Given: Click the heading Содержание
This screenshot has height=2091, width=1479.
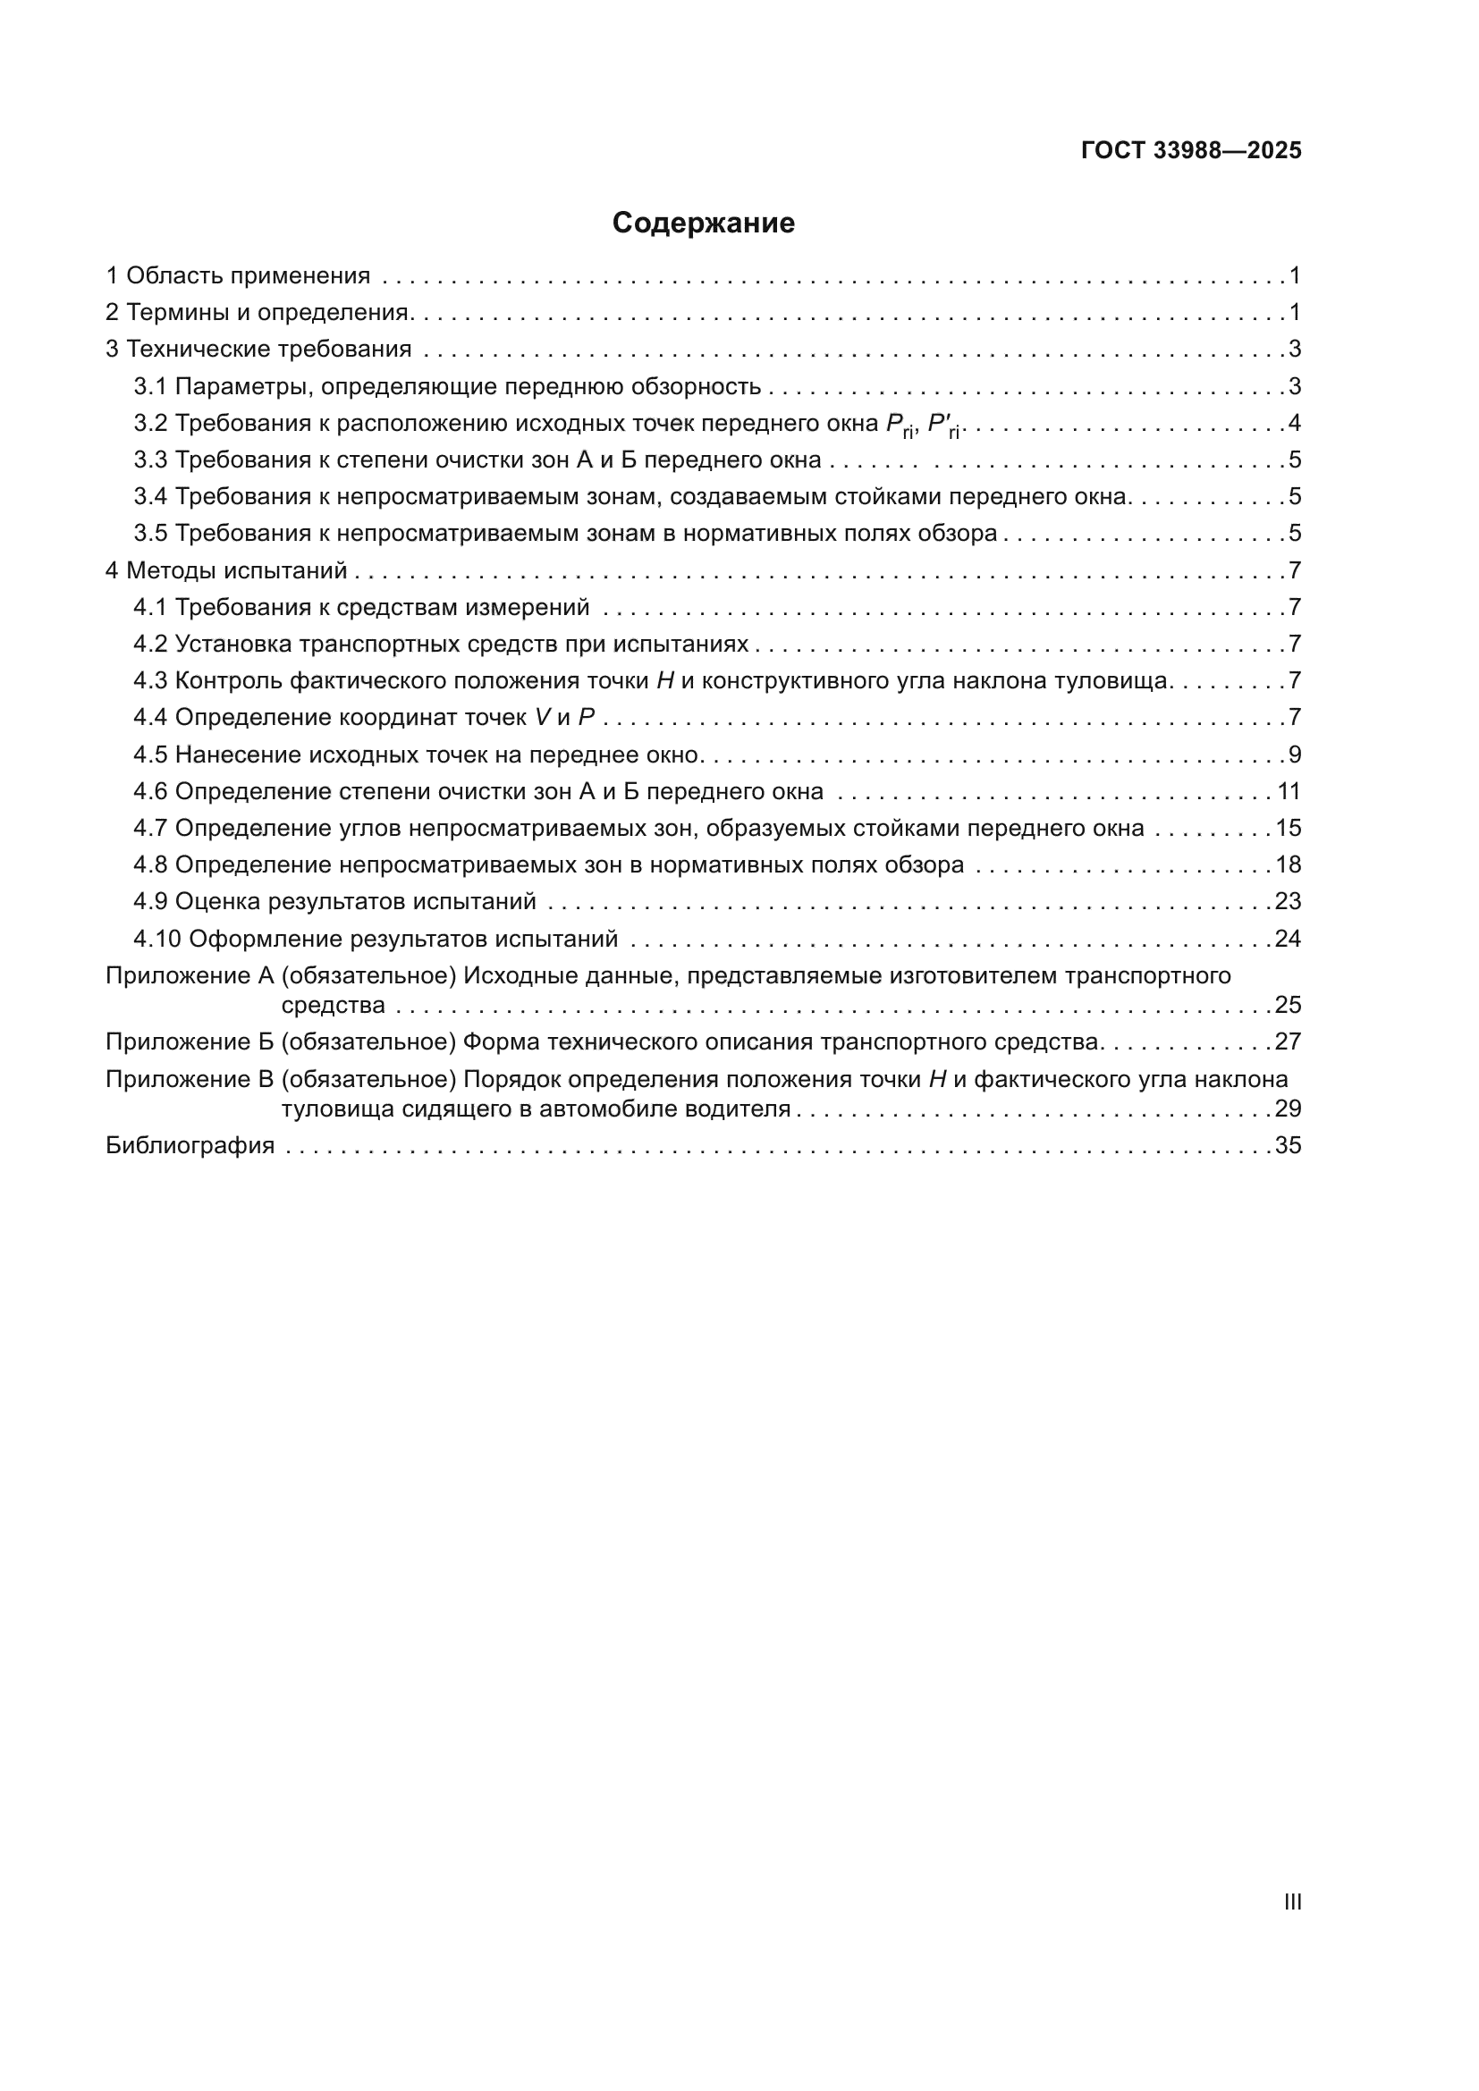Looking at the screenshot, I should (703, 223).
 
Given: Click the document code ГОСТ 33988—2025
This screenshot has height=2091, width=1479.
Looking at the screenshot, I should (1191, 151).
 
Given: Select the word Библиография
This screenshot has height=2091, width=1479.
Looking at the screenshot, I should (190, 1146).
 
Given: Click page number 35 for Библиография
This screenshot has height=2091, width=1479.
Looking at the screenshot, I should (1288, 1146).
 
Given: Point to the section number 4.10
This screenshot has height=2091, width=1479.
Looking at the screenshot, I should (157, 939).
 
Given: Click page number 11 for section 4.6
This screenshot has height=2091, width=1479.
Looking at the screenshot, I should (1289, 791).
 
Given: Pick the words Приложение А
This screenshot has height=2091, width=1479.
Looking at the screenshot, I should (190, 976).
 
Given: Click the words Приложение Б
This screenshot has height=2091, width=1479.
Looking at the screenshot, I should (190, 1041).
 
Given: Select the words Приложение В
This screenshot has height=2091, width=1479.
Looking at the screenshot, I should (190, 1080).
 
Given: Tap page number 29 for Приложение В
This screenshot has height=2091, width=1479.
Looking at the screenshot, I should (1288, 1109).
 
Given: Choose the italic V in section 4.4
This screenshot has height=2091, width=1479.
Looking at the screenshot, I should (543, 718).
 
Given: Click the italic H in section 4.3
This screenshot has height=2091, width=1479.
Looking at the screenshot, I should (664, 681).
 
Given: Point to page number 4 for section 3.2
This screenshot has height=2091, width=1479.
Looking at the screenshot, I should (1294, 424).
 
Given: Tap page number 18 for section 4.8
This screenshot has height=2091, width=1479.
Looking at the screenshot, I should (1288, 865).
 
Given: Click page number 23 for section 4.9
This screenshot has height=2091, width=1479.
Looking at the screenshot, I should (1288, 902).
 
